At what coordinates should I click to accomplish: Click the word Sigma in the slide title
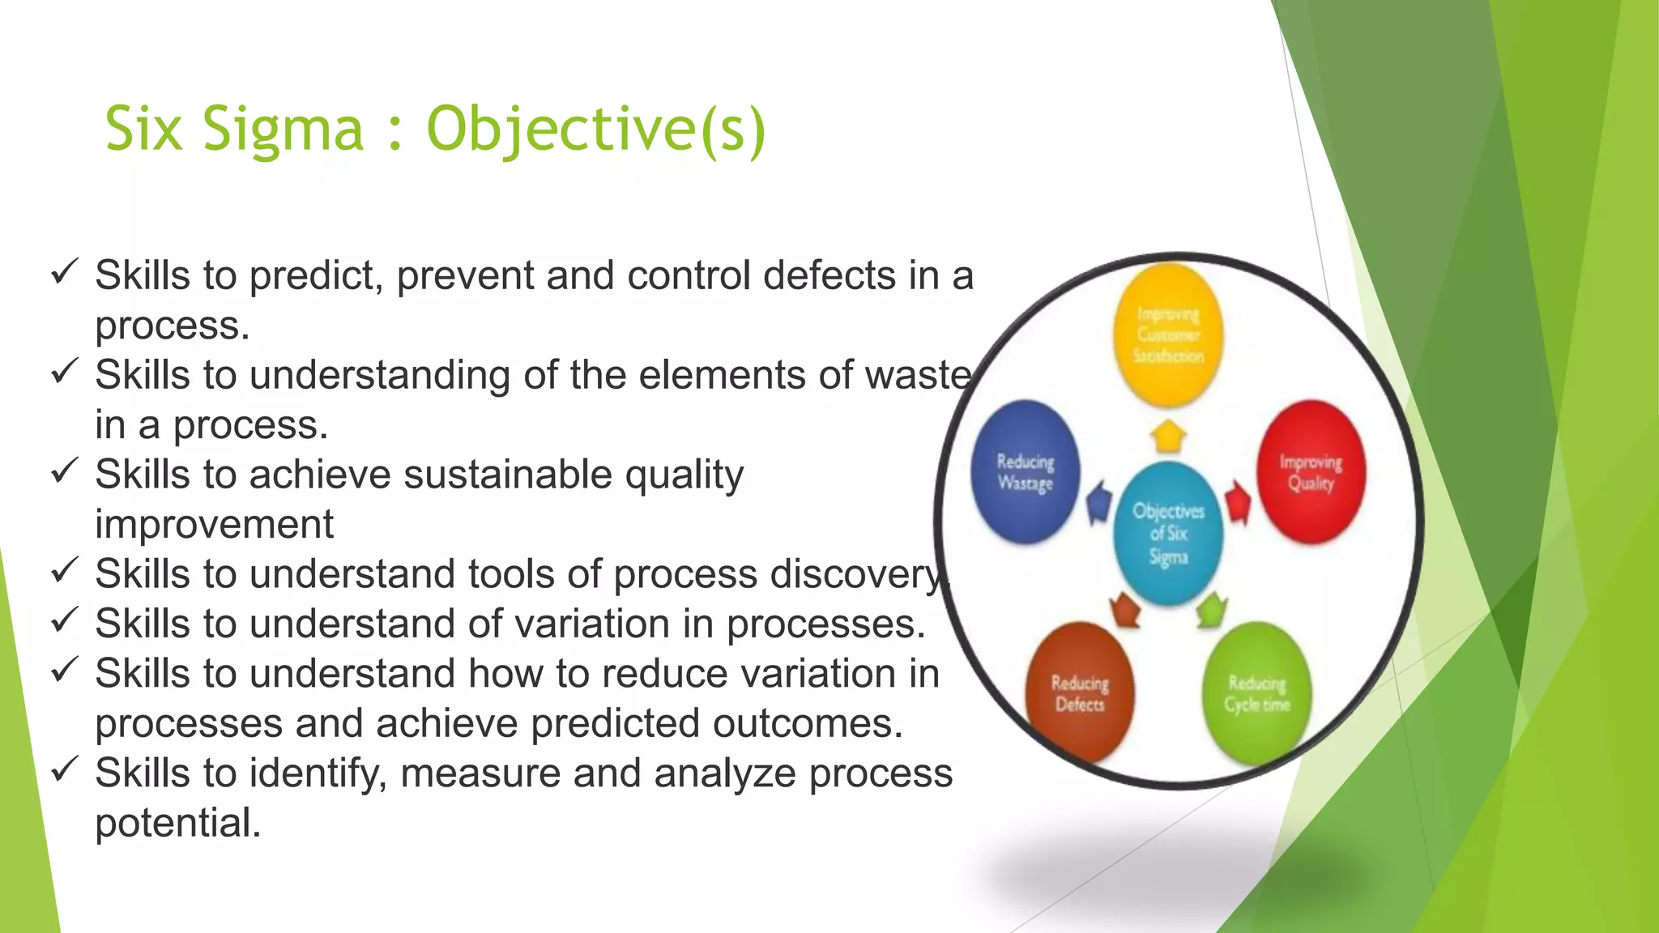pyautogui.click(x=284, y=130)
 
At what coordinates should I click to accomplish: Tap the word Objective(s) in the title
pyautogui.click(x=595, y=130)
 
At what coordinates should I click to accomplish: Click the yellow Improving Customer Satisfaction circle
pyautogui.click(x=1167, y=334)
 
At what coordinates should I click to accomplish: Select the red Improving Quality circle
pyautogui.click(x=1311, y=471)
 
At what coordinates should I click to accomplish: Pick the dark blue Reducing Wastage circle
pyautogui.click(x=1026, y=471)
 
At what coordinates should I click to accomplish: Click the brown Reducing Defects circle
pyautogui.click(x=1080, y=692)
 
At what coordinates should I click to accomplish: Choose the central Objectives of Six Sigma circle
pyautogui.click(x=1167, y=533)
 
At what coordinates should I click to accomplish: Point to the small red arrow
pyautogui.click(x=1237, y=503)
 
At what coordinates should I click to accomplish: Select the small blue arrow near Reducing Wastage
pyautogui.click(x=1098, y=503)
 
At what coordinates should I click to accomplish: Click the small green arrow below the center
pyautogui.click(x=1211, y=609)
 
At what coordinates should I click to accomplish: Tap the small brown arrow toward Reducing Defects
pyautogui.click(x=1124, y=609)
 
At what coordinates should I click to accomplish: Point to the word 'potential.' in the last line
pyautogui.click(x=178, y=823)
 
